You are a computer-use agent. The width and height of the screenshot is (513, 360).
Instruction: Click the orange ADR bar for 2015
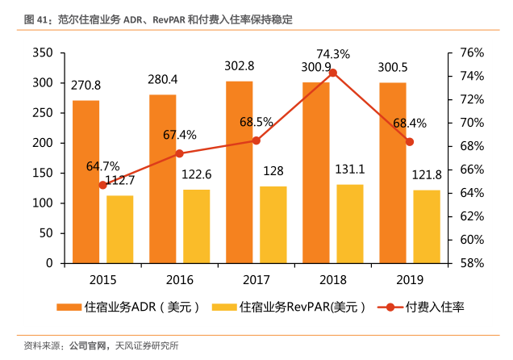(x=85, y=182)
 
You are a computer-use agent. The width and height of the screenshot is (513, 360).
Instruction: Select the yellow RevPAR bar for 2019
(x=427, y=227)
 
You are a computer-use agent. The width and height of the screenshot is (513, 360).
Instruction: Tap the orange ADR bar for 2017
(x=239, y=172)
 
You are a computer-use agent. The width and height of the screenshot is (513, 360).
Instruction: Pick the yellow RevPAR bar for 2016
(x=196, y=227)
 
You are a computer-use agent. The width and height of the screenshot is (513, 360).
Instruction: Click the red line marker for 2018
(x=333, y=73)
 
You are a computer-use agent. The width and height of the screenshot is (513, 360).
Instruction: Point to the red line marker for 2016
(x=179, y=153)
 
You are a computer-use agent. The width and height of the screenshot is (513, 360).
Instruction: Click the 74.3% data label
(x=332, y=54)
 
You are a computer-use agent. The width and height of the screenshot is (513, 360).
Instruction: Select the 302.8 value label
(x=240, y=66)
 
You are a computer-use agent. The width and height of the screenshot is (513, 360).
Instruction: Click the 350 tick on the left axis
(x=43, y=52)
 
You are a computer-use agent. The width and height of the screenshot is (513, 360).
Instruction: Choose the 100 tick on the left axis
(x=43, y=203)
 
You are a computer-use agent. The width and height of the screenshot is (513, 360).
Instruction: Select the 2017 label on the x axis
(x=256, y=279)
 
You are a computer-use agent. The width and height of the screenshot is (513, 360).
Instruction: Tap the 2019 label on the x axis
(x=410, y=279)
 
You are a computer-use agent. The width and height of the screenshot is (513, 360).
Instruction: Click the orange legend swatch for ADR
(x=68, y=308)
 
